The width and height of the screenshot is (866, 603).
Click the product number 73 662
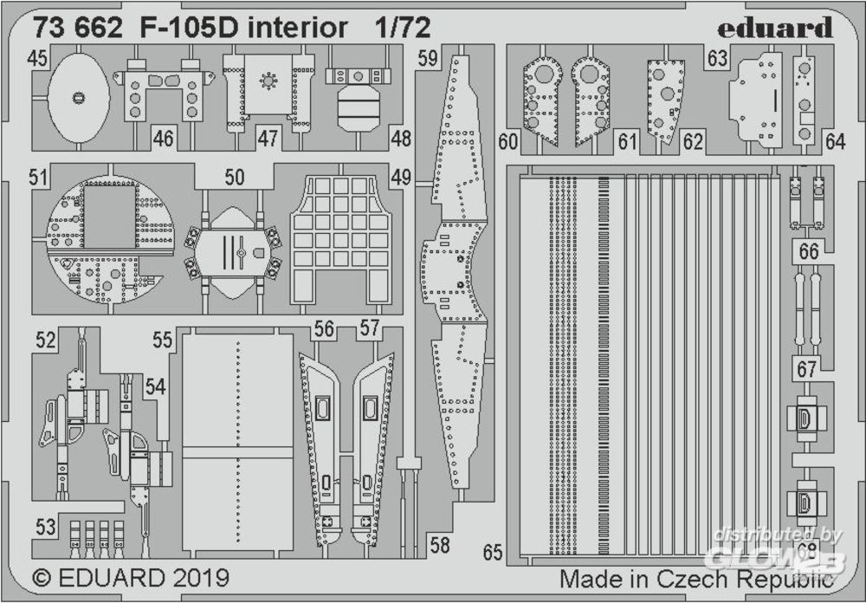tap(79, 29)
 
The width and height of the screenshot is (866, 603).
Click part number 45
tap(36, 59)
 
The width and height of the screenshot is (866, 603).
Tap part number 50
tap(234, 178)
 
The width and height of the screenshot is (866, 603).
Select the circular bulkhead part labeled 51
tap(106, 238)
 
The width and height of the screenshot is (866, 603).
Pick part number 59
tap(427, 59)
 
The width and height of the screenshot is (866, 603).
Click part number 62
tap(693, 140)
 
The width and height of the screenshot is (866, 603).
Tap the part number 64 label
tap(835, 140)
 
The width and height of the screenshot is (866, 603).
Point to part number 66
tap(809, 252)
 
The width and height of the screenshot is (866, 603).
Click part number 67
tap(807, 369)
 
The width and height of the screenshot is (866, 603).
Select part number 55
tap(162, 340)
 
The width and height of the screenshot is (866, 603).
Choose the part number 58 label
tap(440, 546)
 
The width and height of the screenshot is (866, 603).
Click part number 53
tap(46, 527)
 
